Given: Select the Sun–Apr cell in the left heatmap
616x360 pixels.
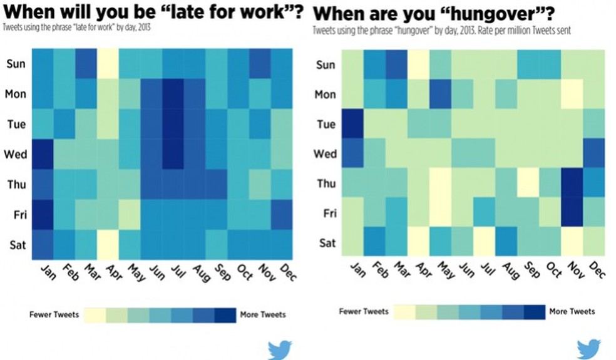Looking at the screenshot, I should pos(108,64).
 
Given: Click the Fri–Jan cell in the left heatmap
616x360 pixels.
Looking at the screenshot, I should pos(43,213).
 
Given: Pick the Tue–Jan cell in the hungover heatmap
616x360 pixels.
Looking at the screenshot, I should pos(354,124).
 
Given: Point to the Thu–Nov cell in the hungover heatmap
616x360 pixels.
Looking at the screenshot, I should pos(572,183).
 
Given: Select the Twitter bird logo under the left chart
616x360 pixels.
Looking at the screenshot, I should pos(279,349).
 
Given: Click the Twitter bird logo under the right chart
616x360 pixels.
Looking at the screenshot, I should pos(588,349).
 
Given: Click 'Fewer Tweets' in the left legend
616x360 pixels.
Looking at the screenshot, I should pos(54,314).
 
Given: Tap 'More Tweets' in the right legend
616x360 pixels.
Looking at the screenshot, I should pos(572,311).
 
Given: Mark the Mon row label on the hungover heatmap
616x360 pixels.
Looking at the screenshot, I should pos(325,95).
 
